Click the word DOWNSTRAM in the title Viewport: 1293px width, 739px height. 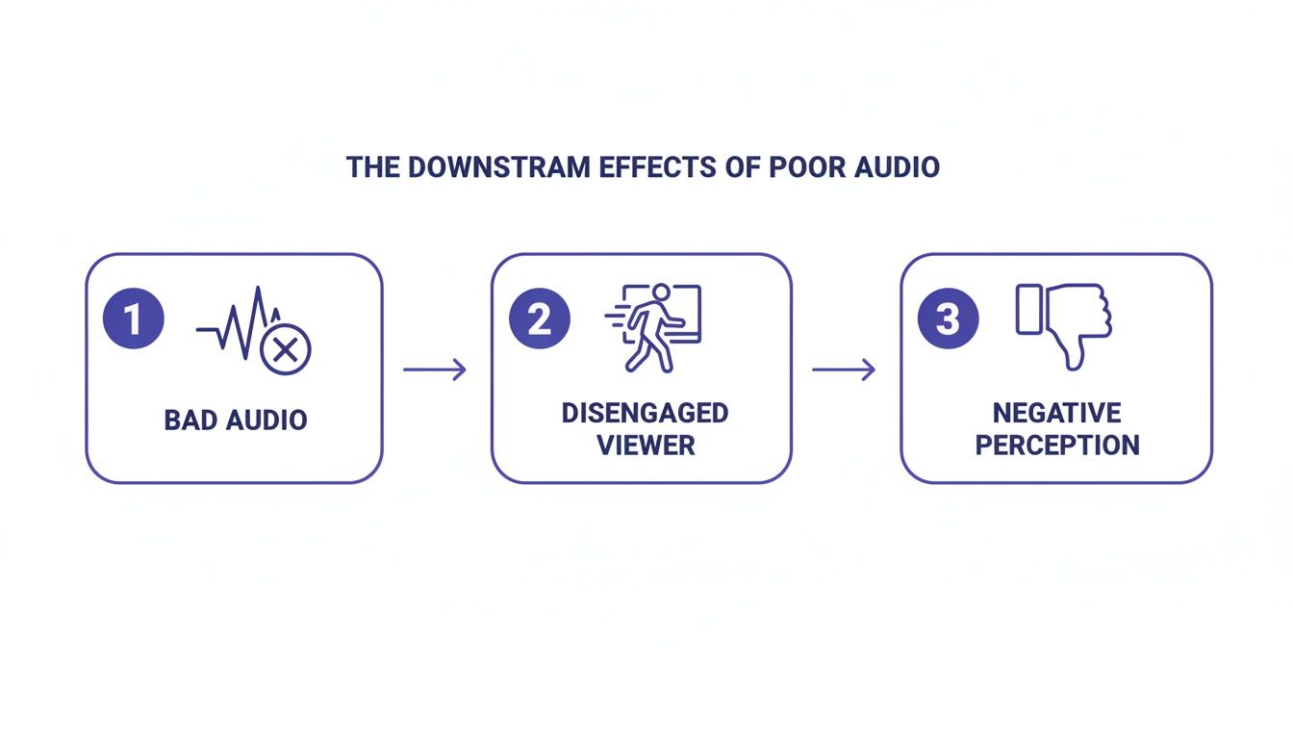tap(489, 166)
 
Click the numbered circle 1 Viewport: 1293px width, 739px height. tap(133, 319)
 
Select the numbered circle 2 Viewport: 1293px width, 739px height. tap(540, 319)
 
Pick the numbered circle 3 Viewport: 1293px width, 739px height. tap(948, 319)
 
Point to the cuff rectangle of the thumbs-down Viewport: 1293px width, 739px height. tap(1028, 309)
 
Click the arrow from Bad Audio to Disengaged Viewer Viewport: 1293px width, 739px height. tap(434, 369)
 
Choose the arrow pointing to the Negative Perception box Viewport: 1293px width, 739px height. tap(844, 369)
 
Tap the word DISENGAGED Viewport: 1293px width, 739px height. tap(645, 413)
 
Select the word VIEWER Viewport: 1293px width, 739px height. tap(645, 446)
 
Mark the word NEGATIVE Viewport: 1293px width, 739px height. tap(1056, 413)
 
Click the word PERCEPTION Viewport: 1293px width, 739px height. tap(1056, 446)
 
